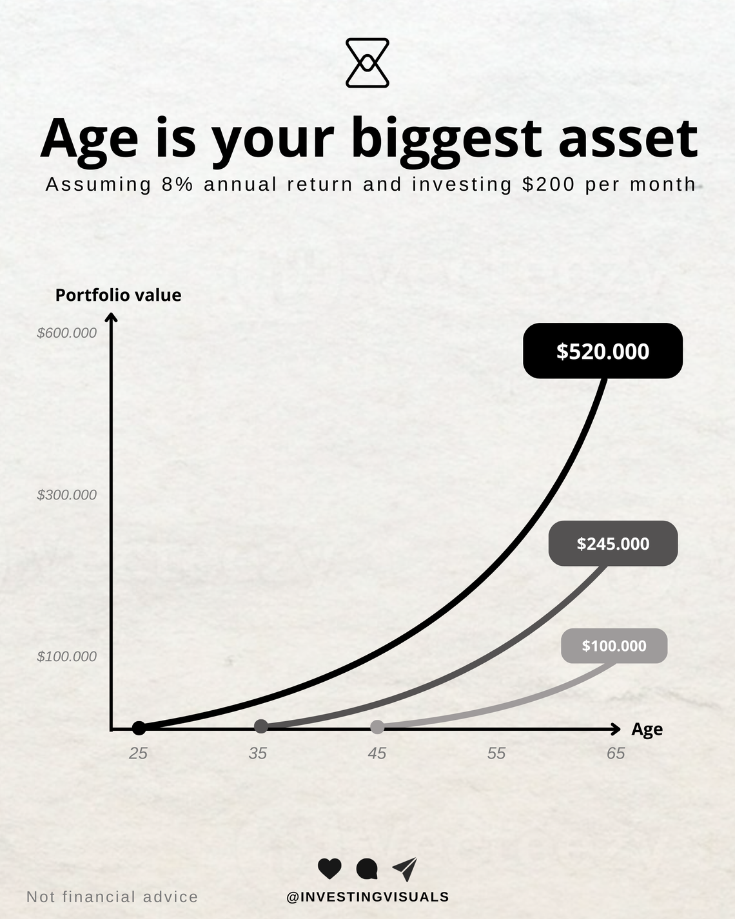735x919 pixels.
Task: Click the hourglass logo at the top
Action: coord(367,63)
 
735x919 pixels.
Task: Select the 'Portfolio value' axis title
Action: coord(118,295)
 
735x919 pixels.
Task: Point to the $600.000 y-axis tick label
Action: coord(66,333)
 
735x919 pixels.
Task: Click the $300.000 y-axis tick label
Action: coord(66,494)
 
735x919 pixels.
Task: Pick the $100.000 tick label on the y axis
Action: coord(66,656)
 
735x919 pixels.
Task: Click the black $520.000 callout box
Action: coord(602,351)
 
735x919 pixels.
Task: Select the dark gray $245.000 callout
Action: coord(612,543)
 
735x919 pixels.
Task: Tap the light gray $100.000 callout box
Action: coord(614,646)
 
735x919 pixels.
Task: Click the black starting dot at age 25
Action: coord(139,728)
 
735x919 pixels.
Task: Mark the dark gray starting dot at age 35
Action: coord(261,727)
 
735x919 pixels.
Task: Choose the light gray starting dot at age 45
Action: coord(377,727)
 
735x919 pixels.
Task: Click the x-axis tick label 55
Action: coord(496,753)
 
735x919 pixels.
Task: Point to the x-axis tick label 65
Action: coord(616,753)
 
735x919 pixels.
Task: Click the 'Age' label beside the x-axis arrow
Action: coord(647,730)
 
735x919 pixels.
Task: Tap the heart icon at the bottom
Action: coord(329,869)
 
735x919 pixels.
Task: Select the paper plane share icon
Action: coord(405,869)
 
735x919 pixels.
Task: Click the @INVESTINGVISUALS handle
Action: coord(367,896)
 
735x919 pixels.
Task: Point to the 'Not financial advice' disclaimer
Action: coord(112,896)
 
